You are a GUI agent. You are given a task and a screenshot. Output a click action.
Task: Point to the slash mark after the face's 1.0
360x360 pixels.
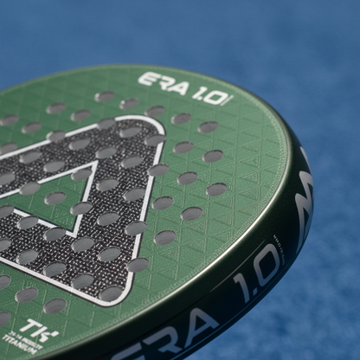pyautogui.click(x=229, y=100)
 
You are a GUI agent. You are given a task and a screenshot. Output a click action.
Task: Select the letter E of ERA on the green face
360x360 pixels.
pyautogui.click(x=146, y=80)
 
